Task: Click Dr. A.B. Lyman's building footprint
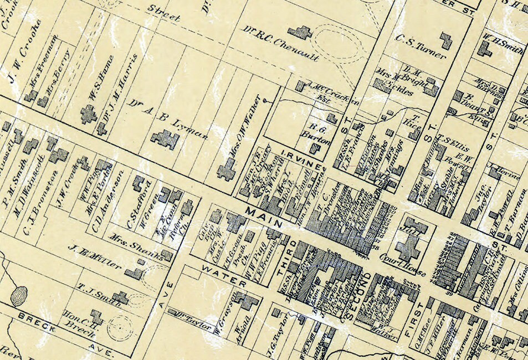tap(165, 139)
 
